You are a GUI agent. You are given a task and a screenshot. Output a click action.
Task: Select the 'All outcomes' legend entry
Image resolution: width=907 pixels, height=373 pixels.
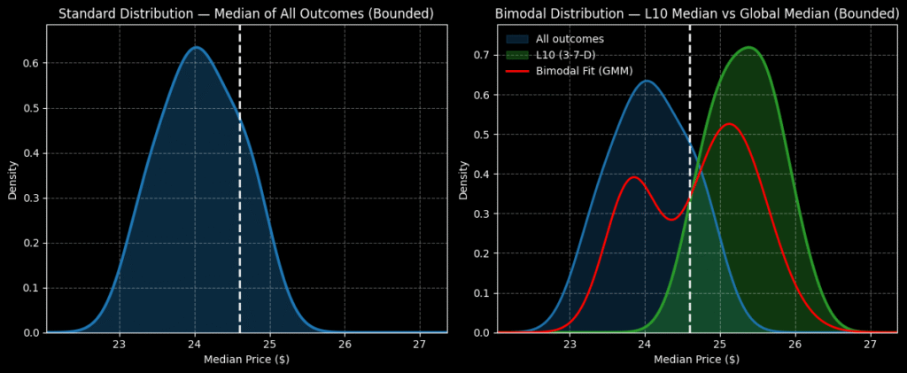click(x=564, y=39)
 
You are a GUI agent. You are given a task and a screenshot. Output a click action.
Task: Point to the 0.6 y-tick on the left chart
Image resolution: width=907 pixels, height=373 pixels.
click(x=31, y=64)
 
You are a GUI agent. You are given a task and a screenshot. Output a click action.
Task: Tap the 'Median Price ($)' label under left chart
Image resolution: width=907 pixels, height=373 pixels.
click(x=246, y=360)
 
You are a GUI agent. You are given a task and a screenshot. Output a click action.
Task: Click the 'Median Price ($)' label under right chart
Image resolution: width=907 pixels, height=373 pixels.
click(x=696, y=360)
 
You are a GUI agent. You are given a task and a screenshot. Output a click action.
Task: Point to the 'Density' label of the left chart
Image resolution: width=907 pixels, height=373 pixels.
click(x=12, y=179)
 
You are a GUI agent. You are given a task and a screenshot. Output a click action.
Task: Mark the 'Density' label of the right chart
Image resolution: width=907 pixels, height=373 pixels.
click(x=463, y=179)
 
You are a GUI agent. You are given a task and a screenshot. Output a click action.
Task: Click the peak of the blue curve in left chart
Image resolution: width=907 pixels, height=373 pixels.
click(x=195, y=48)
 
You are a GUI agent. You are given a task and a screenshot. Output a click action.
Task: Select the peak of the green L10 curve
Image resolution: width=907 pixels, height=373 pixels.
click(x=748, y=48)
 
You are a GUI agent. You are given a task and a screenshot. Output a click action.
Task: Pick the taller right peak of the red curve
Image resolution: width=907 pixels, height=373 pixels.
click(x=729, y=124)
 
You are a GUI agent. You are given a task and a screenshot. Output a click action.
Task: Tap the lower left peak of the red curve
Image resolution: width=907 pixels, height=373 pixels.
click(x=633, y=177)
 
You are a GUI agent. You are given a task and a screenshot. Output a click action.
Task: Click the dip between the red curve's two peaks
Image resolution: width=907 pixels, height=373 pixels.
click(x=671, y=219)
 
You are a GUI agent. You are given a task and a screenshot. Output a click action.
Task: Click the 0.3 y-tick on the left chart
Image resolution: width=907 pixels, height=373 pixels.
click(x=31, y=198)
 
